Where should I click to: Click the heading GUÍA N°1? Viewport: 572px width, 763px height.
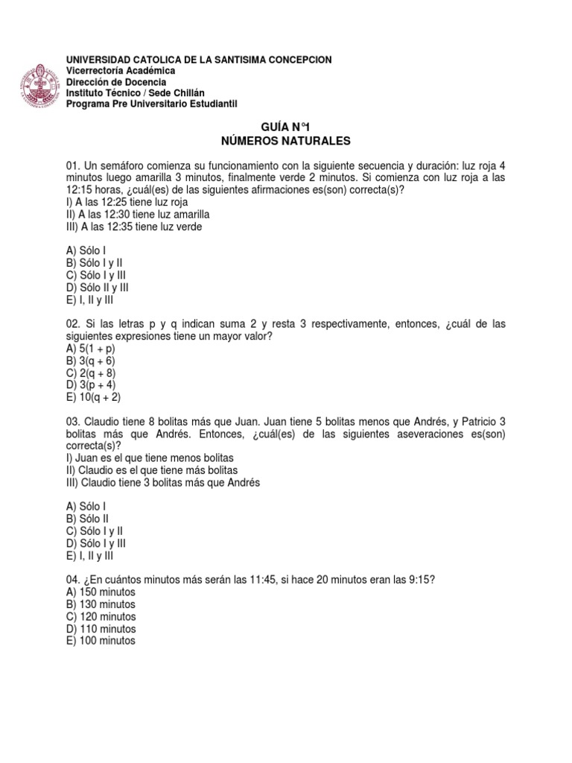(x=286, y=127)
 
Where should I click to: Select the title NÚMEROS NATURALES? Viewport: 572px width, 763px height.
(x=286, y=141)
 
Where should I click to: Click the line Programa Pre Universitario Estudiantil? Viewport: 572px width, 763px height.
(x=151, y=104)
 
